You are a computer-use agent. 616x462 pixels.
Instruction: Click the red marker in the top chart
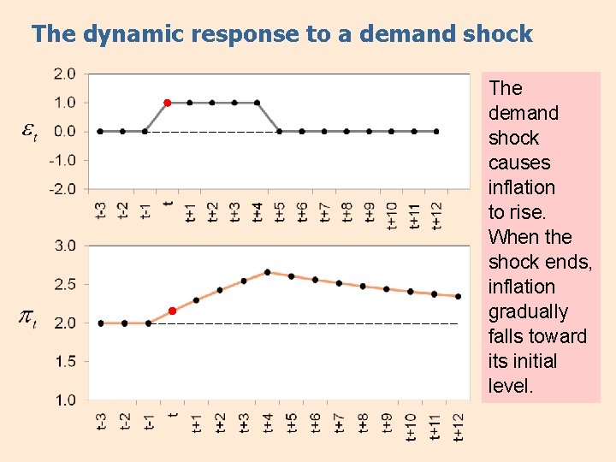coord(168,103)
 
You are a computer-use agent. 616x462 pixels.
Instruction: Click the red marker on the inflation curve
coord(172,311)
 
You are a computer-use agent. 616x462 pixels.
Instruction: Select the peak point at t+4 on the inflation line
coord(268,272)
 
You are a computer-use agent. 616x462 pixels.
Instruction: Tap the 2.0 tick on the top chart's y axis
coord(64,74)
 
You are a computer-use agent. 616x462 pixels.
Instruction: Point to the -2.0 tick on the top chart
coord(64,188)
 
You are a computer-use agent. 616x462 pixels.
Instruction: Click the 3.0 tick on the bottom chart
coord(64,246)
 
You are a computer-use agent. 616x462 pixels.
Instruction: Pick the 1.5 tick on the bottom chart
coord(64,361)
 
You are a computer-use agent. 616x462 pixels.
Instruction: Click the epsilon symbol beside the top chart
coord(28,132)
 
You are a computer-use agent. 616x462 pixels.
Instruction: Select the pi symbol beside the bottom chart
coord(27,320)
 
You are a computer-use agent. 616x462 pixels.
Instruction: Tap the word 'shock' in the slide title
coord(494,34)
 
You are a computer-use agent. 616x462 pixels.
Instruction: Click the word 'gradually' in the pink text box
coord(528,311)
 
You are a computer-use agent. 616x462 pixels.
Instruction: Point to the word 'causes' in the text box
coord(519,163)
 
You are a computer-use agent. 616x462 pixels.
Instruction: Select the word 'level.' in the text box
coord(511,386)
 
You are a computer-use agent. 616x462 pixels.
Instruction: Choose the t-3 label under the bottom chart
coord(101,423)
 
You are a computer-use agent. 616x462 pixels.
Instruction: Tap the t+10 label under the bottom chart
coord(411,425)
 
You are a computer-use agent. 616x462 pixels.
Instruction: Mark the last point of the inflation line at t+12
coord(459,297)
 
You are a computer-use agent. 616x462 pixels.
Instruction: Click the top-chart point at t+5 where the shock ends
coord(279,132)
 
